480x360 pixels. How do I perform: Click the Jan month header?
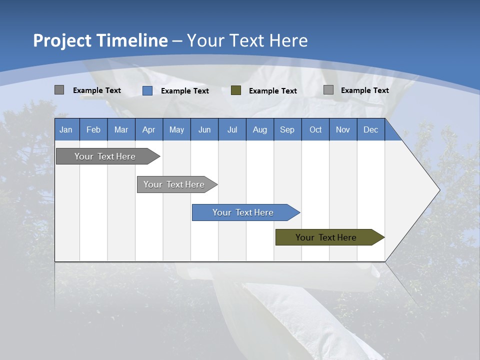[66, 129]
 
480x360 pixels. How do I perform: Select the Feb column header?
[93, 129]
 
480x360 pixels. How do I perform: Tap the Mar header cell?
[121, 129]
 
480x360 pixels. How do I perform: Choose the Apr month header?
[149, 129]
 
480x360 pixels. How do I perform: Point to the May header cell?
[176, 129]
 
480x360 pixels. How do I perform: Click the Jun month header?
[204, 129]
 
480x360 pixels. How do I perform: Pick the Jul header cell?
[232, 129]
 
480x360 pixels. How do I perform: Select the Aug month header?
[260, 129]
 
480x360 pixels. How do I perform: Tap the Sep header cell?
[287, 129]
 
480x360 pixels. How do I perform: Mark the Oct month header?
[315, 129]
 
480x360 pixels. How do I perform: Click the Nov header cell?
[343, 129]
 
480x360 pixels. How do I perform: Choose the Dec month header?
[371, 129]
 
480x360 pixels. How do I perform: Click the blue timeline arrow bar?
[243, 212]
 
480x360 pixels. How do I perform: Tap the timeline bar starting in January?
[105, 156]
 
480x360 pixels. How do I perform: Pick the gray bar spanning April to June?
[174, 184]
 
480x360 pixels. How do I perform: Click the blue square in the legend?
[147, 90]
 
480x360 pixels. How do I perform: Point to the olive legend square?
[236, 90]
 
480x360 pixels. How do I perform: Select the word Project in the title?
[62, 40]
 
